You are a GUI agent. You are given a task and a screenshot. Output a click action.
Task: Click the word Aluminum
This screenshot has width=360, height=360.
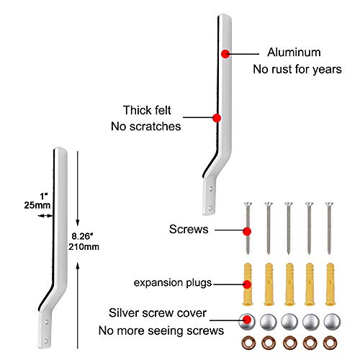point(294,53)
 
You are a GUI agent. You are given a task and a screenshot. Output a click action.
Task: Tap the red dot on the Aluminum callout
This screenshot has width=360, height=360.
point(225,54)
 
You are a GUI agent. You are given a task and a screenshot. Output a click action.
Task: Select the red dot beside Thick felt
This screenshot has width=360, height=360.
point(217,118)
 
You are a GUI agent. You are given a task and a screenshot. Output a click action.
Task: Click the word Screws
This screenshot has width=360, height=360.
point(189,229)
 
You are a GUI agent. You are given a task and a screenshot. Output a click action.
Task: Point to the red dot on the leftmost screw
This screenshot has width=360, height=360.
point(247,232)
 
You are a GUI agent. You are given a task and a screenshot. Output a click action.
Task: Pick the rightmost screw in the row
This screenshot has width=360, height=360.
point(329,228)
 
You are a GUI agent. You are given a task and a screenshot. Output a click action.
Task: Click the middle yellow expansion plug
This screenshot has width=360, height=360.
point(289,284)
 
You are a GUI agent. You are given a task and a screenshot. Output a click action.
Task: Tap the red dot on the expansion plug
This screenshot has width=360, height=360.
point(247,284)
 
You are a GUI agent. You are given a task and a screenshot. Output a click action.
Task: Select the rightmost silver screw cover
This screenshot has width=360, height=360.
point(332,322)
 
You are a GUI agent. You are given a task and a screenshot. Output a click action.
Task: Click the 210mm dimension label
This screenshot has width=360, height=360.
point(84,247)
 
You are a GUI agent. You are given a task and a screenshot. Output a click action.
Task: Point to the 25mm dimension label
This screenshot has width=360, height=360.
point(37,205)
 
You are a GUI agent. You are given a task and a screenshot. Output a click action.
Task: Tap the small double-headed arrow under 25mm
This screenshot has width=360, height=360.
point(45,216)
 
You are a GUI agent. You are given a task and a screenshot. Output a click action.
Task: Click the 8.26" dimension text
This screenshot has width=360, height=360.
point(82,236)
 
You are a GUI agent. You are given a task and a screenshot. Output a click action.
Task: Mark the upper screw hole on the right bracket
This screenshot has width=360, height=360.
point(210,189)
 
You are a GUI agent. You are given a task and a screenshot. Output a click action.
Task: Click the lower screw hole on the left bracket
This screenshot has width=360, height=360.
point(46,341)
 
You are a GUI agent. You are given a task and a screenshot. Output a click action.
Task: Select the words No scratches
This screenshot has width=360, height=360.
point(146,126)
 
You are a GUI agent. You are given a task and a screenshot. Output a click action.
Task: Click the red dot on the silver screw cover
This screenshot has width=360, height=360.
point(246,320)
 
